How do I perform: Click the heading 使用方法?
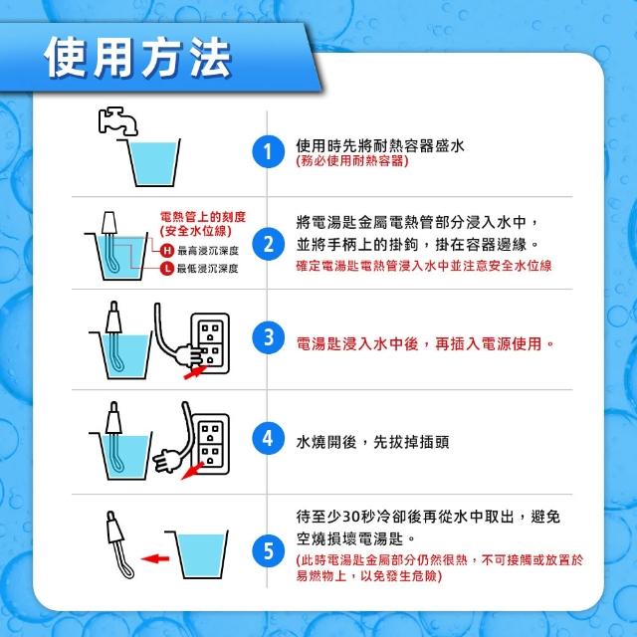pos(138,58)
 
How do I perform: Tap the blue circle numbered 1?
pos(268,152)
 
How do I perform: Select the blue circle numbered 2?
pos(268,245)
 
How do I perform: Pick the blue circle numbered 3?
pos(268,337)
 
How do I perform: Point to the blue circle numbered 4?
pos(268,439)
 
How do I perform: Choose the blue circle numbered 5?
pos(268,551)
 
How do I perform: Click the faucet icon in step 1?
pos(117,120)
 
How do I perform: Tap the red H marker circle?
pos(166,250)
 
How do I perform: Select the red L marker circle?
pos(166,268)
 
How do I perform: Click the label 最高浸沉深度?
pos(208,251)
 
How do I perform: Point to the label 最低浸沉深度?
pos(208,269)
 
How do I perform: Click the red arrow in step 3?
pos(195,372)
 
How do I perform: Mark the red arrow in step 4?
pos(192,471)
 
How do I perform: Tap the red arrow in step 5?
pos(155,558)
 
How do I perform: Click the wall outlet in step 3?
pos(210,343)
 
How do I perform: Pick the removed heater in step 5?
pos(119,544)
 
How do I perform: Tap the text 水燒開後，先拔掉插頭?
pos(372,442)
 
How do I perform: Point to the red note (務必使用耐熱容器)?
pos(352,161)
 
